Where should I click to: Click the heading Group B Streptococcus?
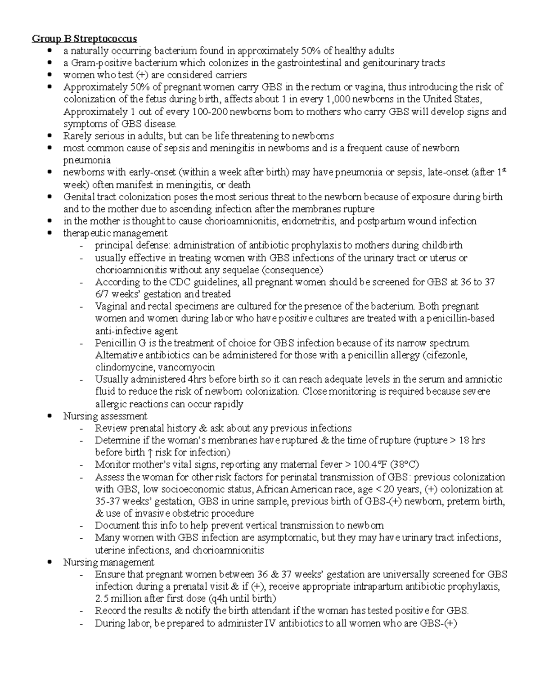pyautogui.click(x=85, y=38)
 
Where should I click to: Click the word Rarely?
pyautogui.click(x=77, y=136)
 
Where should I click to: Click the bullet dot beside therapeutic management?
pyautogui.click(x=54, y=233)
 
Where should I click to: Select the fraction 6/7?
pyautogui.click(x=102, y=294)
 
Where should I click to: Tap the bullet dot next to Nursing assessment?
pyautogui.click(x=54, y=416)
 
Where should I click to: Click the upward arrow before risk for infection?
pyautogui.click(x=149, y=452)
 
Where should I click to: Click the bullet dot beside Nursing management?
pyautogui.click(x=54, y=562)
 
